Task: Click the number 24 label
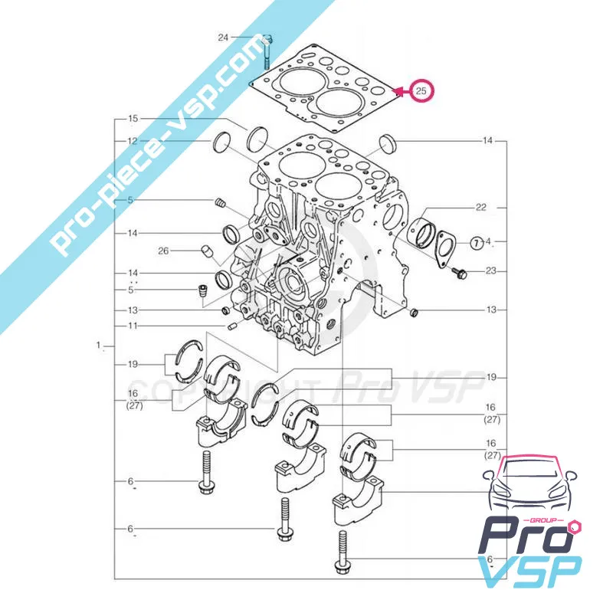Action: click(x=223, y=37)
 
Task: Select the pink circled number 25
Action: click(x=421, y=91)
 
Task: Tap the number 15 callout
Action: click(x=133, y=119)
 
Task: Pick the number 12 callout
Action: click(x=133, y=141)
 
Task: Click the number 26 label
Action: click(x=162, y=250)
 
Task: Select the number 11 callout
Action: click(x=133, y=326)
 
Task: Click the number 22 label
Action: click(x=481, y=208)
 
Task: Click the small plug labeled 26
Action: click(x=205, y=251)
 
